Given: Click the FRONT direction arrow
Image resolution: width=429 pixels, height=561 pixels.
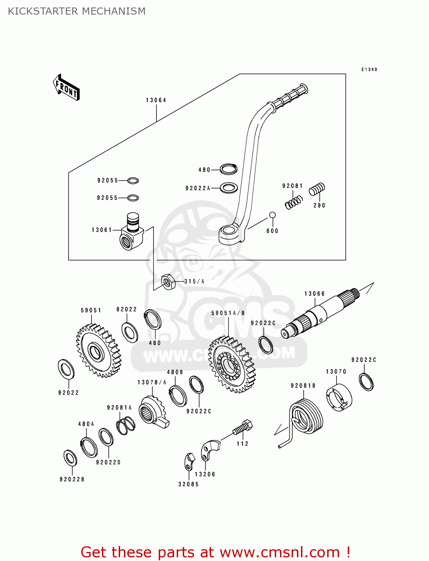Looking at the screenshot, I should coord(66,87).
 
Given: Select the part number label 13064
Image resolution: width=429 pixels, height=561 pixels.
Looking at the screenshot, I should coord(156,100).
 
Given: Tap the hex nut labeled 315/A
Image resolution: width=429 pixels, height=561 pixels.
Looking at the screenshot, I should coord(168,282).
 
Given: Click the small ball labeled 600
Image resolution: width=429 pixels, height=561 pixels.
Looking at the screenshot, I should coord(273,215).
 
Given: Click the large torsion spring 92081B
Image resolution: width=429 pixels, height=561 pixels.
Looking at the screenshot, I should coord(305,417).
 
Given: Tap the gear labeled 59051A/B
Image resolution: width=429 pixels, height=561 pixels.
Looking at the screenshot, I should coord(231,364).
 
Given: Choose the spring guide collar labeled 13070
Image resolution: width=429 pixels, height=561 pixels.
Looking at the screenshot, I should coord(339,398).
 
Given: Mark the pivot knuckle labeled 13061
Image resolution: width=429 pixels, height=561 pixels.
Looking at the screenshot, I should coord(132,232).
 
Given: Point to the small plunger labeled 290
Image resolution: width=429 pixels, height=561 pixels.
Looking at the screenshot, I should coord(317,189).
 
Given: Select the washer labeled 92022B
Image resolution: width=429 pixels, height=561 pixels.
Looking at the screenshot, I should coord(70,458).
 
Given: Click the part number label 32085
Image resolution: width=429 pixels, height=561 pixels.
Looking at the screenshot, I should coord(188,484).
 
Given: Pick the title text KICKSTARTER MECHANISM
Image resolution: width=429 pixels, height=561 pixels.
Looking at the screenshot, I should coord(77,11).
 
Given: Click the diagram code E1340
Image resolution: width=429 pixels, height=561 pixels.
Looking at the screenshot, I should coord(369,70).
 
